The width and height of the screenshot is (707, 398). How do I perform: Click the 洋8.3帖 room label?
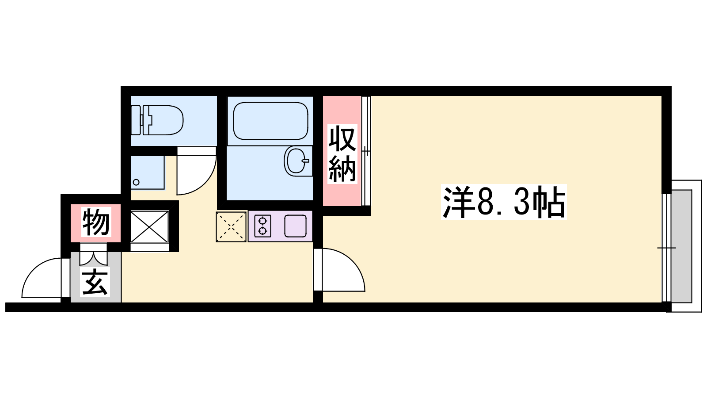[504, 202]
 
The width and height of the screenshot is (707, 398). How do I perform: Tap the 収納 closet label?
[342, 154]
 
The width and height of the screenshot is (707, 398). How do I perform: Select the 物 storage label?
[96, 222]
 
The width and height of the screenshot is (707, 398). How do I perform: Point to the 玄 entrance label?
[95, 282]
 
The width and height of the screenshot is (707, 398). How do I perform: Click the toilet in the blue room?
[157, 120]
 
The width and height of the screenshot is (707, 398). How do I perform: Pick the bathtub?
[270, 121]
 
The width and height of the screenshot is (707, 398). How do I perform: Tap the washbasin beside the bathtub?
[298, 161]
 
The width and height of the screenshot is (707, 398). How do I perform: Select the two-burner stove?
[262, 226]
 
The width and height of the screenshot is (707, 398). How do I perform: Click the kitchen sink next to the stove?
[296, 226]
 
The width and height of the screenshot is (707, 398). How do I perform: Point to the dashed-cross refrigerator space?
[231, 227]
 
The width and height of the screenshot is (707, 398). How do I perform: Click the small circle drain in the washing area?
[137, 182]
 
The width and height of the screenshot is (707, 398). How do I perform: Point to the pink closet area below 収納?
[342, 195]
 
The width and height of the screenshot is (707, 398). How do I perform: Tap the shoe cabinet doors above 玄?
[93, 254]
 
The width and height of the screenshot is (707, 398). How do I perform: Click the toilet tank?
[136, 120]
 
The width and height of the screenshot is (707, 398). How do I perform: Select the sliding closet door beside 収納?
[366, 151]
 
